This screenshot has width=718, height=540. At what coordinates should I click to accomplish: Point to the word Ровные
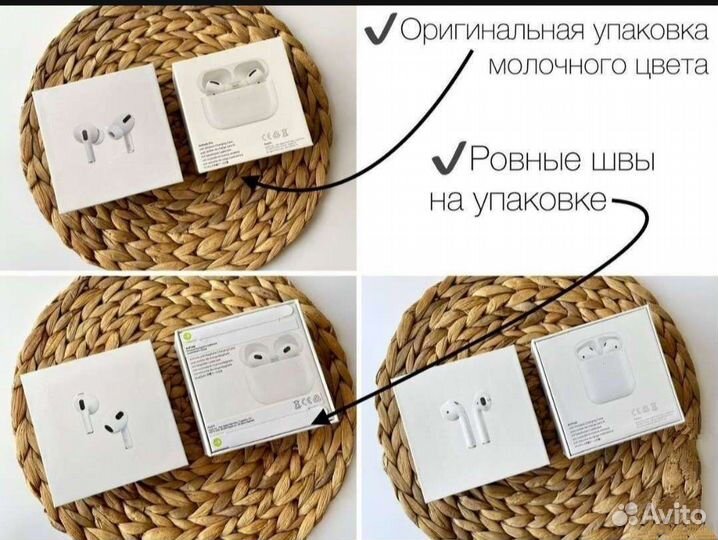522,160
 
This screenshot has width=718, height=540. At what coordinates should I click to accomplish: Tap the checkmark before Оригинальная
378,31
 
